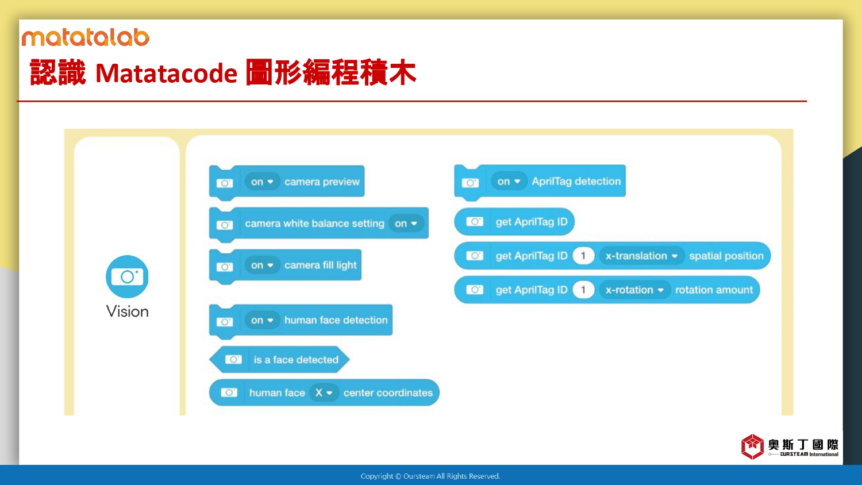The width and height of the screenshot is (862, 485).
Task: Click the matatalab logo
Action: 86,37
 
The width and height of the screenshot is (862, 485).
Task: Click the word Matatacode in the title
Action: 166,73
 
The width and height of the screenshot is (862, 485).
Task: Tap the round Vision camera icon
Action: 127,276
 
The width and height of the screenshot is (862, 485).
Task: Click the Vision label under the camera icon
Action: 128,311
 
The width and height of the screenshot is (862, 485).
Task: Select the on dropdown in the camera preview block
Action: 262,182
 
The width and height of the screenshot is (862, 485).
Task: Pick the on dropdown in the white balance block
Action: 406,224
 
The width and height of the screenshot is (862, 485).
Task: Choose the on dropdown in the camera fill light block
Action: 262,265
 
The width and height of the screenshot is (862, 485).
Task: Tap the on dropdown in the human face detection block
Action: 262,320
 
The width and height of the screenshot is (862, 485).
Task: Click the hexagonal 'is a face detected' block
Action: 279,360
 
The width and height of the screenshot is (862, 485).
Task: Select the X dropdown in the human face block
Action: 324,393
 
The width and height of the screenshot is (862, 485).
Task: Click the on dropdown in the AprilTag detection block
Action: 509,181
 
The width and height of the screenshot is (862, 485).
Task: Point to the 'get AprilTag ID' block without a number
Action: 514,222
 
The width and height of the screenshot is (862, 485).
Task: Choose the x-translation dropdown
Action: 641,256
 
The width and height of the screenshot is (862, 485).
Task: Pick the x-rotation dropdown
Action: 634,290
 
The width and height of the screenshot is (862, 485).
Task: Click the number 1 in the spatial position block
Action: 583,256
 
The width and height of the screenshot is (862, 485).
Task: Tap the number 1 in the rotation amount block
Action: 583,290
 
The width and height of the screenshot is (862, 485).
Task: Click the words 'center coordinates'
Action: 388,393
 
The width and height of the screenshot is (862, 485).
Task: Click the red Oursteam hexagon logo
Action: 752,446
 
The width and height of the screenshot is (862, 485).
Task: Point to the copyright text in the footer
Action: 430,476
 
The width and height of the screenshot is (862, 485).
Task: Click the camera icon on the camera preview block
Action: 225,183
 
